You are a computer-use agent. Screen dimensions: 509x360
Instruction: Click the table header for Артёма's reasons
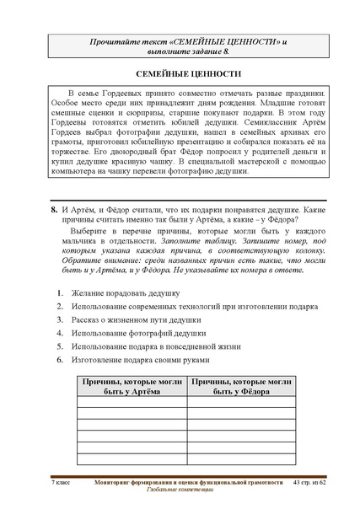pyautogui.click(x=132, y=387)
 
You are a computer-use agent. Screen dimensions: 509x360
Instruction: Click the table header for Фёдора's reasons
pyautogui.click(x=241, y=387)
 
